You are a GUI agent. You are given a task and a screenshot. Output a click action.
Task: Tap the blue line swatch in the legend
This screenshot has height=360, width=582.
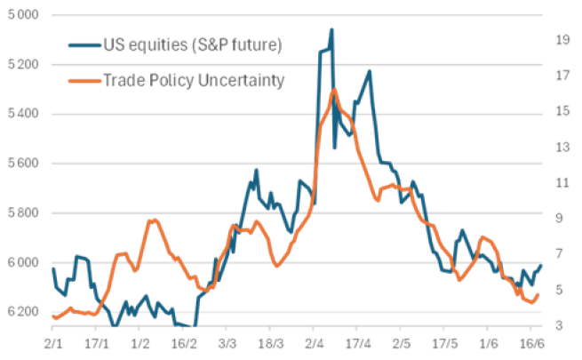(x=84, y=44)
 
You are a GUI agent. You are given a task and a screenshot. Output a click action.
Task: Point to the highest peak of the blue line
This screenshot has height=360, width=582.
(x=331, y=28)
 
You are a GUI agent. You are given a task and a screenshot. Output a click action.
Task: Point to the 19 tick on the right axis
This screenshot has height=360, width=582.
(x=562, y=40)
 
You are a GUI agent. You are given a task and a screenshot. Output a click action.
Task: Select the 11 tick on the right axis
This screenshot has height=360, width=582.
(x=562, y=182)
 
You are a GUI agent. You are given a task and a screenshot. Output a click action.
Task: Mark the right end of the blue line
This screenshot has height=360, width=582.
(x=541, y=266)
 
